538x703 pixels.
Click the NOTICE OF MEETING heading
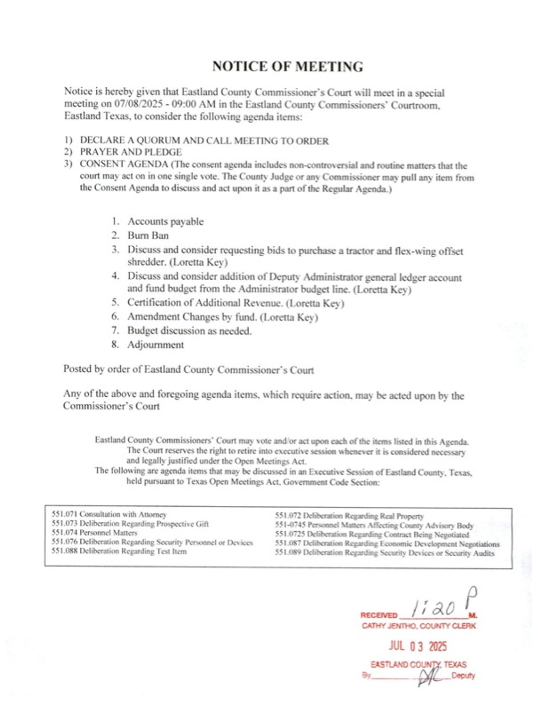pyautogui.click(x=287, y=67)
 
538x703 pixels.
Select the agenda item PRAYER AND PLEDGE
pyautogui.click(x=131, y=152)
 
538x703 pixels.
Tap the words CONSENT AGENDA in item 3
pyautogui.click(x=124, y=164)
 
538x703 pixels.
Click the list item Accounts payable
pyautogui.click(x=165, y=221)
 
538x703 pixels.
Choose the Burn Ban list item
pyautogui.click(x=148, y=235)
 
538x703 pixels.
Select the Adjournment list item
pyautogui.click(x=155, y=344)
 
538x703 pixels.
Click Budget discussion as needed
pyautogui.click(x=189, y=331)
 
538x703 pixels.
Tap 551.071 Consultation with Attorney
pyautogui.click(x=109, y=514)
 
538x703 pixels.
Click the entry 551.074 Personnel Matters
pyautogui.click(x=94, y=532)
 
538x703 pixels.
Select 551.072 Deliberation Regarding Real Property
pyautogui.click(x=349, y=516)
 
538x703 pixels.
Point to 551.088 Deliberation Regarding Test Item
pyautogui.click(x=119, y=551)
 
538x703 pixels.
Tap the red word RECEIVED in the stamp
pyautogui.click(x=378, y=615)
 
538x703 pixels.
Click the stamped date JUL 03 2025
pyautogui.click(x=418, y=646)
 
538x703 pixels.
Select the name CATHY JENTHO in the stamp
pyautogui.click(x=388, y=626)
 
